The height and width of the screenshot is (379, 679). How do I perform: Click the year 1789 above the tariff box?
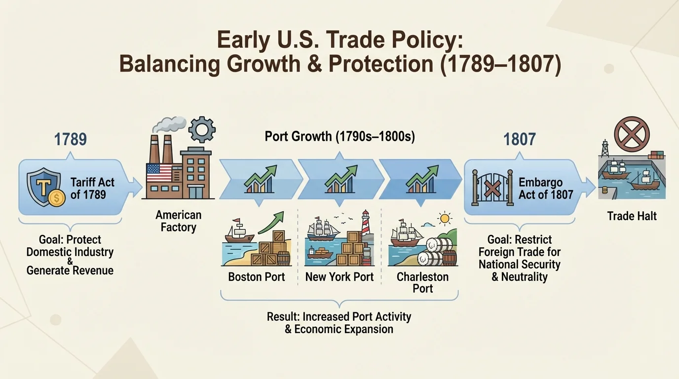pos(71,139)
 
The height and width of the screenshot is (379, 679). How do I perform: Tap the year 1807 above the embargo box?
pos(519,139)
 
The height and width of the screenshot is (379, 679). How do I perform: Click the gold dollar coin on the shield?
pos(57,198)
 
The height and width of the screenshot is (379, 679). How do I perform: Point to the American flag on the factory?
pos(159,173)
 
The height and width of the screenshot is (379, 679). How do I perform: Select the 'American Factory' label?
pos(179,221)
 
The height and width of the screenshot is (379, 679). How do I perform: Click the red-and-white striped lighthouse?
pos(366,224)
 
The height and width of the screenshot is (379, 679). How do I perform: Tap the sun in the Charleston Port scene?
pos(446,218)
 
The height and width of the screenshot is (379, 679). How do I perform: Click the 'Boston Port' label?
pos(257,277)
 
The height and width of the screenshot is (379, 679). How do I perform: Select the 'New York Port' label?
pos(339,277)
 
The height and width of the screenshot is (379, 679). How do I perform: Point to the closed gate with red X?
pos(490,188)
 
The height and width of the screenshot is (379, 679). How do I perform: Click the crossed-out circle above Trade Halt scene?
pos(632,134)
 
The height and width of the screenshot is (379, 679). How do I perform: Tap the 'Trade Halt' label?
pos(632,216)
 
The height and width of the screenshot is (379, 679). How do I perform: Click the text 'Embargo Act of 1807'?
pos(545,188)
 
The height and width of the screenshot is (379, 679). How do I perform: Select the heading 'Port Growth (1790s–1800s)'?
pos(339,136)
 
